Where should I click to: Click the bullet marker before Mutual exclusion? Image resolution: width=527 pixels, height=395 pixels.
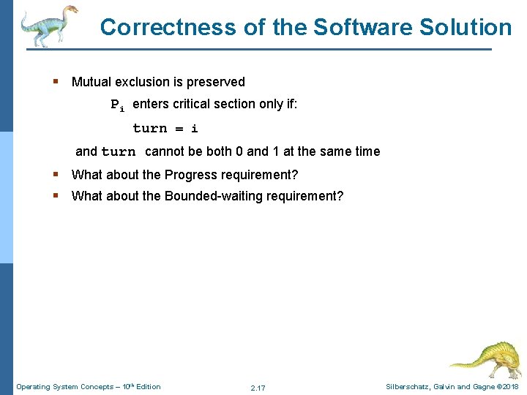tap(56, 82)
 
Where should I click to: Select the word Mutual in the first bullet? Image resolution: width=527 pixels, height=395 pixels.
tap(90, 82)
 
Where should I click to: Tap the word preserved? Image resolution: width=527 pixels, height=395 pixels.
tap(217, 82)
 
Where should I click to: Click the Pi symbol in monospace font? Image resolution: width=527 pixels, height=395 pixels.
tap(117, 105)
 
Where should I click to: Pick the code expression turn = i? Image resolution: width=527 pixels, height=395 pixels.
tap(165, 128)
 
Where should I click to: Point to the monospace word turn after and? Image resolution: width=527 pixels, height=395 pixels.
tap(118, 152)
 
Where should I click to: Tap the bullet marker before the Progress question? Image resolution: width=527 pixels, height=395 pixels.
tap(56, 175)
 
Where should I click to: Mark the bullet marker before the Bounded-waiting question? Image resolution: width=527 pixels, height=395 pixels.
tap(56, 195)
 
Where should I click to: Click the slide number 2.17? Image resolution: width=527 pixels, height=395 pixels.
tap(258, 388)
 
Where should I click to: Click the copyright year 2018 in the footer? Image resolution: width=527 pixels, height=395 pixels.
tap(509, 387)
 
